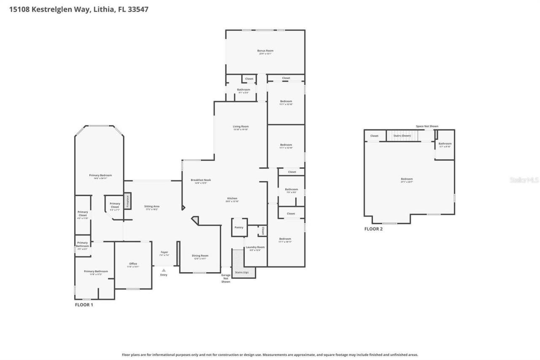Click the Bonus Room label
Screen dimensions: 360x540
[265, 51]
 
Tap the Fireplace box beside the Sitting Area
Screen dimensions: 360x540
[127, 201]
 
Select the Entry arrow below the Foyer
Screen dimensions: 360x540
[164, 270]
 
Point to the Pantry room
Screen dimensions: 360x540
[239, 227]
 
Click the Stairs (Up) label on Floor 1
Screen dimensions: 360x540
[242, 272]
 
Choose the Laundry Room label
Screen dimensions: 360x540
[255, 247]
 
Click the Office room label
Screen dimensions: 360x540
[133, 264]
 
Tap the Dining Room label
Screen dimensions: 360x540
[200, 255]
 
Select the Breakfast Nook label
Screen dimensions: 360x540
[201, 180]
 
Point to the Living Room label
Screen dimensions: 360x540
[241, 127]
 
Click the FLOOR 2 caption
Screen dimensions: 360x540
[373, 229]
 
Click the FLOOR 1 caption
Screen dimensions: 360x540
[84, 304]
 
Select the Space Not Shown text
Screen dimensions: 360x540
[427, 126]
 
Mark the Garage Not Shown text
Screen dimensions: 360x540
[226, 278]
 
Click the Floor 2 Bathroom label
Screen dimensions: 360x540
[445, 143]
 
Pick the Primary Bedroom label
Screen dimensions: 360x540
[100, 175]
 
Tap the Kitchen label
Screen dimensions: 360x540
[232, 198]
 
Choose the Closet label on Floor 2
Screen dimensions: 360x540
[374, 136]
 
